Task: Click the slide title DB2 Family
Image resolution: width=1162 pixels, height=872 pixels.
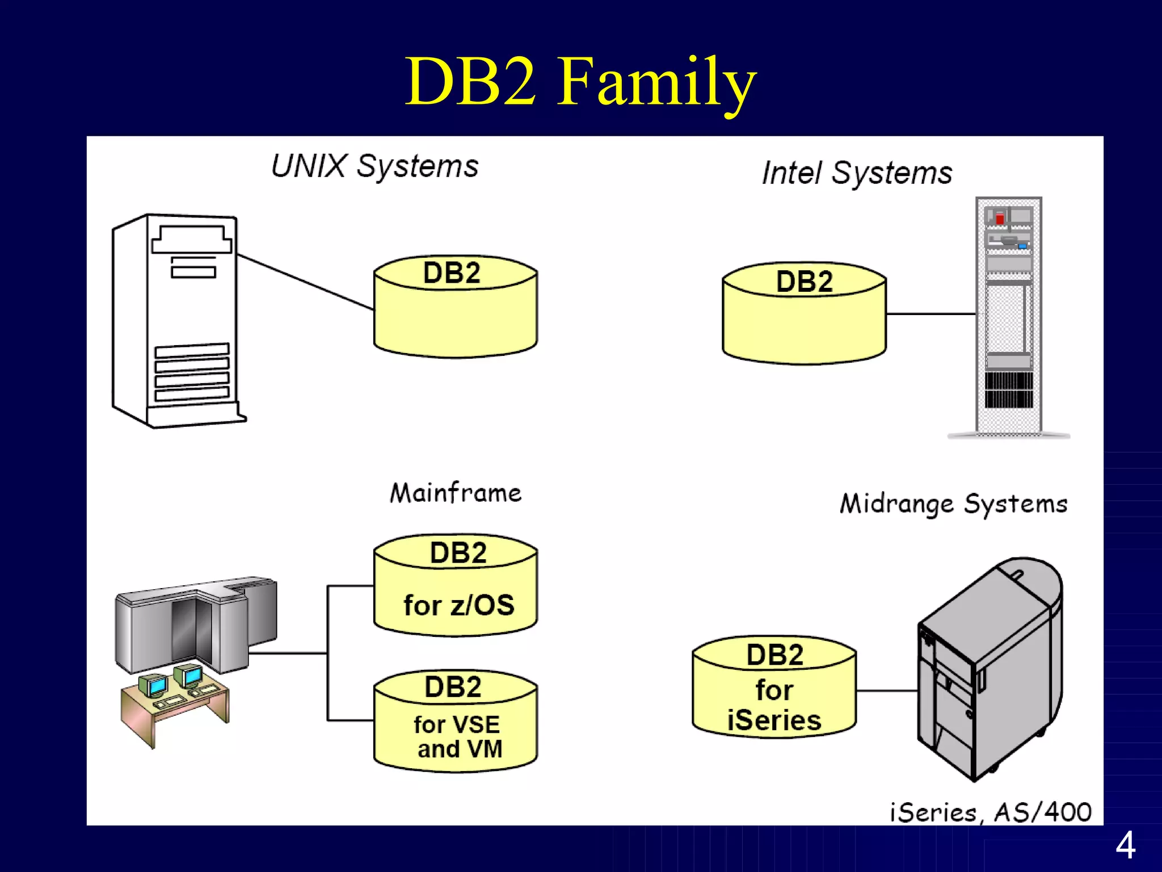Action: click(x=580, y=82)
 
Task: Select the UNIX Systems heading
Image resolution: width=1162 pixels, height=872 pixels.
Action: click(x=374, y=166)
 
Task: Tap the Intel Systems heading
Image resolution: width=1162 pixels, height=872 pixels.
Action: click(x=857, y=173)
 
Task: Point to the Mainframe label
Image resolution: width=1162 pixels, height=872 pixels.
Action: click(x=455, y=492)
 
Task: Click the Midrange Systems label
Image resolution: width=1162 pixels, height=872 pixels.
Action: click(x=953, y=504)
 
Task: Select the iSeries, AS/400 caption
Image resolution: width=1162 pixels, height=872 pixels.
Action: click(x=990, y=812)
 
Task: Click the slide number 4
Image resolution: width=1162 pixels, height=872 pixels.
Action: click(x=1125, y=845)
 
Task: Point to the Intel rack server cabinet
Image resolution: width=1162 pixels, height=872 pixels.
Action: click(x=1009, y=318)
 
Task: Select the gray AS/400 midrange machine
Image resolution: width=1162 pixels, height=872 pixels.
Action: click(x=990, y=670)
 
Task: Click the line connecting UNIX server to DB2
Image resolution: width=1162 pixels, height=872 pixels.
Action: click(x=305, y=282)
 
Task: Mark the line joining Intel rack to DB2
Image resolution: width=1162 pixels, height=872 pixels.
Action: click(x=931, y=314)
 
